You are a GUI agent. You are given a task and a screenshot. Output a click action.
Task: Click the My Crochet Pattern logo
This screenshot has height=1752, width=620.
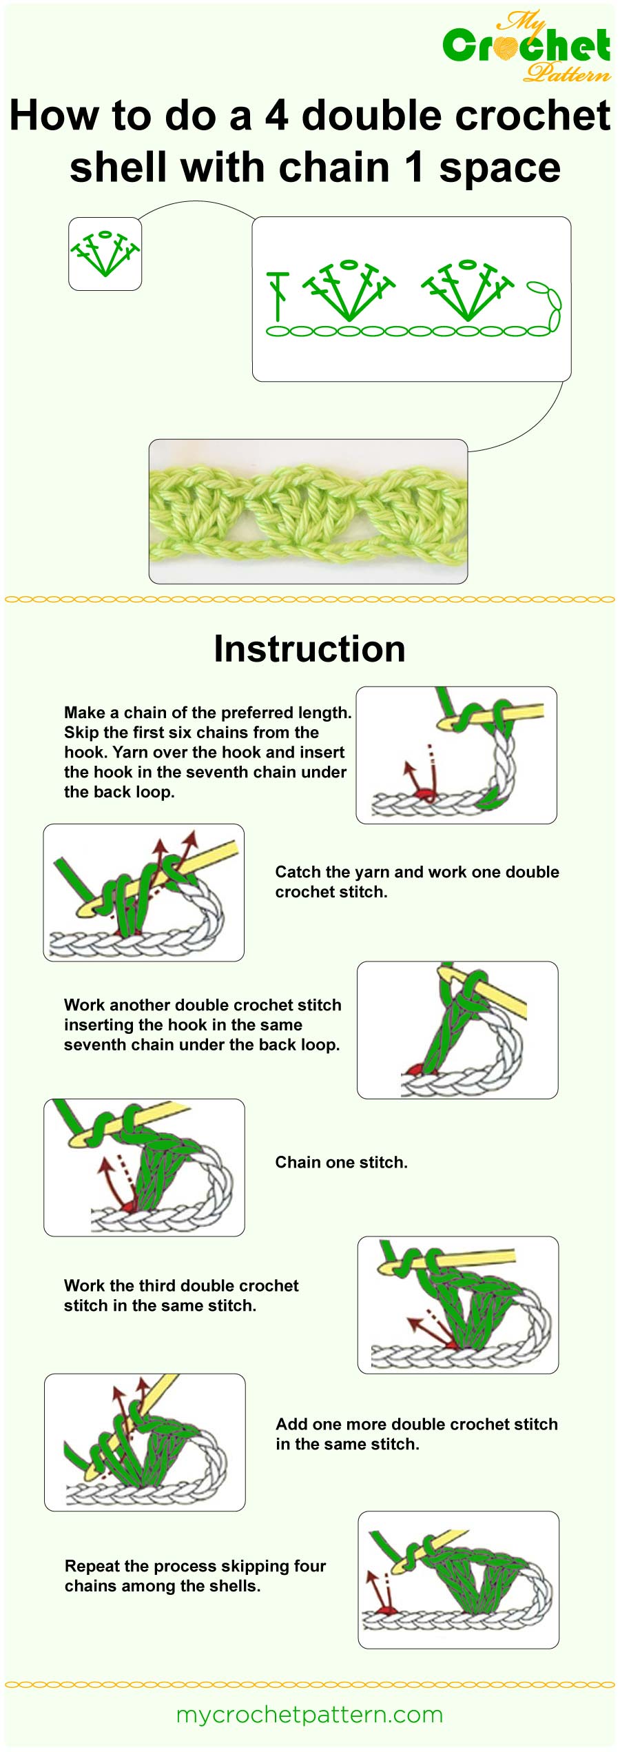coord(527,46)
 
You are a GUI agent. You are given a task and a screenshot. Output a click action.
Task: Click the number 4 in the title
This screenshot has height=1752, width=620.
coord(276,115)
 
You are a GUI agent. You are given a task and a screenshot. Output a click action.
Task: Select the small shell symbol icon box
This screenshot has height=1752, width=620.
coord(105,254)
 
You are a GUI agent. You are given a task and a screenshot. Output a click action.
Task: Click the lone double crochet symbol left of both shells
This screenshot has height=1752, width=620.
coord(278,296)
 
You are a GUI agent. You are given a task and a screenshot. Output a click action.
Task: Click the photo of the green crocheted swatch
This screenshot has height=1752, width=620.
coord(308,511)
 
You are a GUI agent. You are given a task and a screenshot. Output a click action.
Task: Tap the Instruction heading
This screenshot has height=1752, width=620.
coord(309,649)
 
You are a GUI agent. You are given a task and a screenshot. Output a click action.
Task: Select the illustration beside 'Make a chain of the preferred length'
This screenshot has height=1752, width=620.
coord(456,755)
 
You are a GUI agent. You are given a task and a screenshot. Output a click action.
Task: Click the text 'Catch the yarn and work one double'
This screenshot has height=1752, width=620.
coord(417,872)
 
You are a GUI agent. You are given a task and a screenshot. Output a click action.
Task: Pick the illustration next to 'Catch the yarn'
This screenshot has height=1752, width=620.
coord(143,893)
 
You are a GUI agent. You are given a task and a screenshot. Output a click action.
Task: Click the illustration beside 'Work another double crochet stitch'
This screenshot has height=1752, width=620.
coord(457,1030)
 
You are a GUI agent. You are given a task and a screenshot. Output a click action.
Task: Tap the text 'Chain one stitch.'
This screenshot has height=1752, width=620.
coord(341,1162)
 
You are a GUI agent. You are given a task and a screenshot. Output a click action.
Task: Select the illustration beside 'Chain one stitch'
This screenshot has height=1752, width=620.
coord(144,1167)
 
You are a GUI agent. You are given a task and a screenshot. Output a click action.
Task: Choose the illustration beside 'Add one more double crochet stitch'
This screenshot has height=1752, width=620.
coord(145,1443)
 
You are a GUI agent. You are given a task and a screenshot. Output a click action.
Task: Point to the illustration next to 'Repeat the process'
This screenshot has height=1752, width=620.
coord(458,1580)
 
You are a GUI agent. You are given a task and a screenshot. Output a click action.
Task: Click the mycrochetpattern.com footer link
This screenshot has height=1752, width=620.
coord(309,1714)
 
